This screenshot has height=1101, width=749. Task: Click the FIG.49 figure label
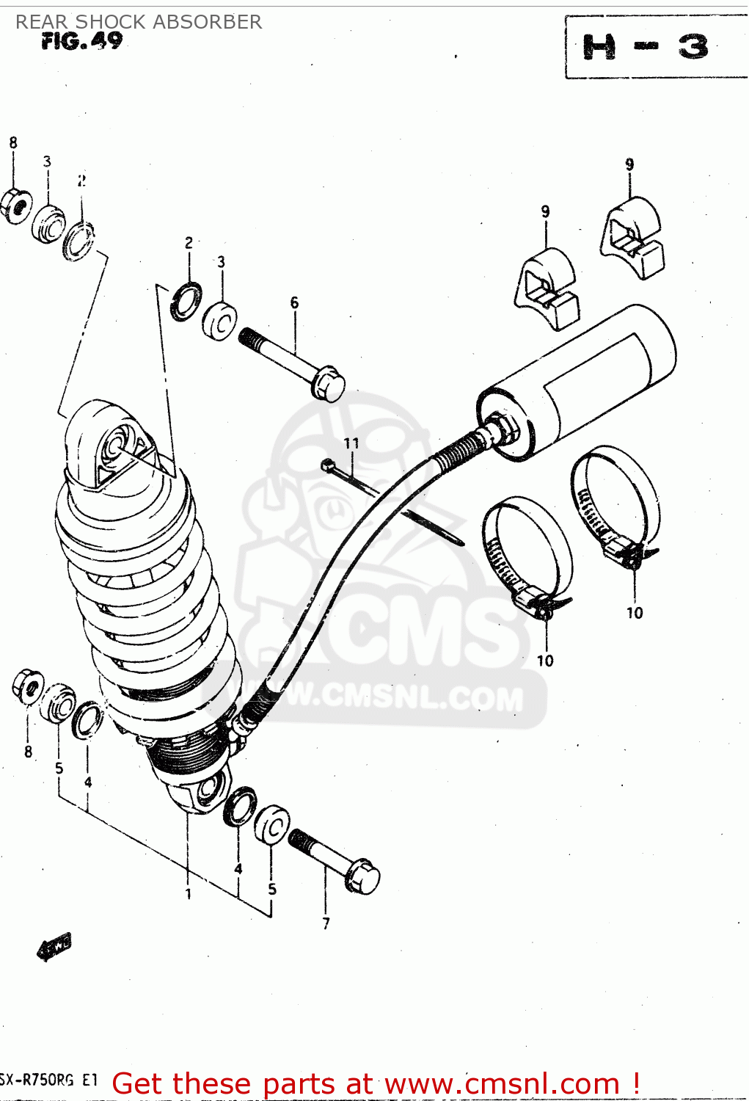81,41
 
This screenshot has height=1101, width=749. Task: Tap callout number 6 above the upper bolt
294,302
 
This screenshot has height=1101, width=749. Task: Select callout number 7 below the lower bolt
326,923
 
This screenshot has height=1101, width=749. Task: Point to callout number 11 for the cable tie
352,443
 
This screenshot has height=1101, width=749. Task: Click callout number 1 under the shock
188,893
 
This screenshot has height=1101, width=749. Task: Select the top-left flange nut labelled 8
15,205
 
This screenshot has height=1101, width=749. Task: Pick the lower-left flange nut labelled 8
28,686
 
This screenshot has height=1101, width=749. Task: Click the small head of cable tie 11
327,464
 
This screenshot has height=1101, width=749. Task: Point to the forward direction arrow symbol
54,947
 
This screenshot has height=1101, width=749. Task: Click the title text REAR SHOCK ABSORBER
139,22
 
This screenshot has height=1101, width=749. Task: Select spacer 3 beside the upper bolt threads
219,320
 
